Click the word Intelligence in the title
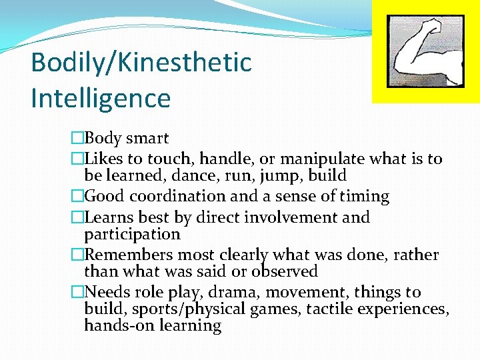click(x=101, y=98)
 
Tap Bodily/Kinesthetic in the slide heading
click(x=141, y=63)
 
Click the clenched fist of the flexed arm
click(x=433, y=28)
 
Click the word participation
click(x=132, y=235)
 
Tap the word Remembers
click(x=126, y=255)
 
